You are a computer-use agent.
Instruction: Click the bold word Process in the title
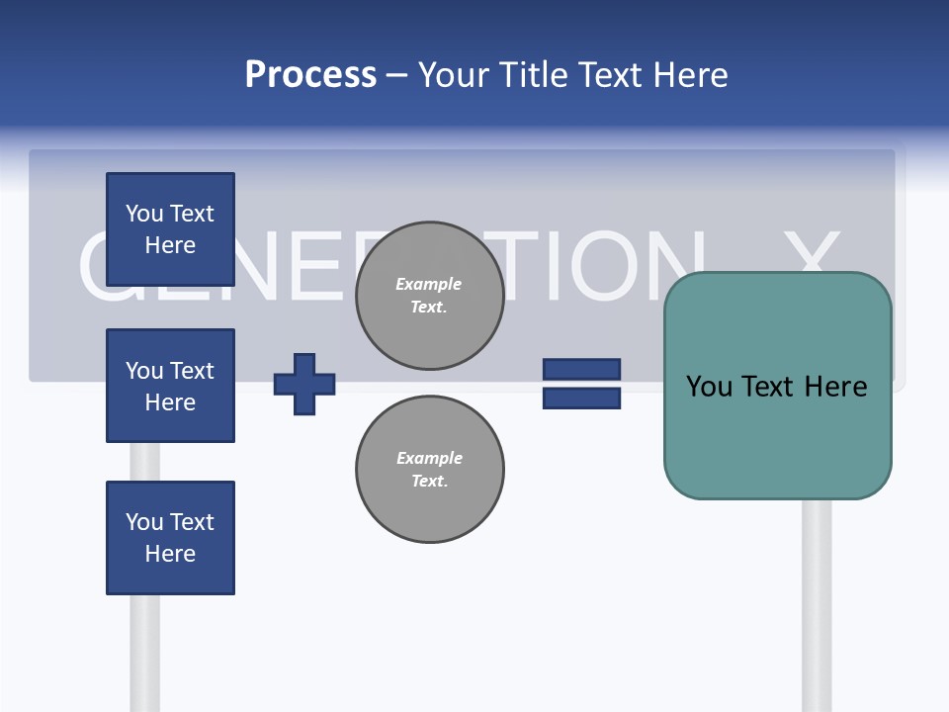coord(310,75)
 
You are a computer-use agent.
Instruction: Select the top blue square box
coord(170,229)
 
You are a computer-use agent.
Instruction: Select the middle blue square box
coord(170,386)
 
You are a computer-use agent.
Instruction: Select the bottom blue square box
coord(170,538)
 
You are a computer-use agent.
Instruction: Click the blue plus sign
coord(304,384)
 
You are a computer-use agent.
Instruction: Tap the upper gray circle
coord(429,296)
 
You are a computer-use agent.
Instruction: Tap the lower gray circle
coord(429,470)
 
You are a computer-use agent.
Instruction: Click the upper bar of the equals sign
coord(581,370)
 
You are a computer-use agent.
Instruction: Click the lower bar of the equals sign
coord(581,398)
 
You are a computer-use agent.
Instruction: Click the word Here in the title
coord(688,75)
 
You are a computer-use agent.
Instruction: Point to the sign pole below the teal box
coord(817,603)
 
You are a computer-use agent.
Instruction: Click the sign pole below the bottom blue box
coord(144,653)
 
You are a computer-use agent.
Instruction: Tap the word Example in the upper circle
coord(429,284)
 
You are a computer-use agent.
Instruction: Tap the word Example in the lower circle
coord(429,458)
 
